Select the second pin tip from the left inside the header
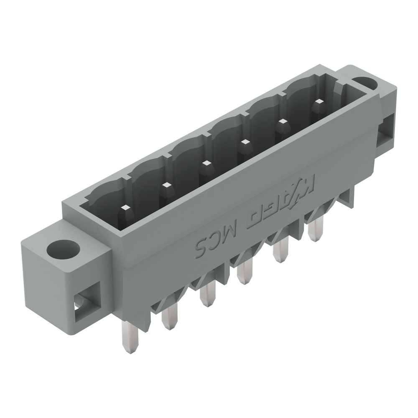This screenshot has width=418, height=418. (x=167, y=185)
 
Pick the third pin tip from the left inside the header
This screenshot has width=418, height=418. (x=205, y=163)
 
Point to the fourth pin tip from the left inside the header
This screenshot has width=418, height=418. (x=244, y=142)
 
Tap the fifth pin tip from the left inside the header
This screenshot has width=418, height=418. (x=283, y=122)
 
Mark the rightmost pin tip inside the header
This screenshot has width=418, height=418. (x=319, y=102)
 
